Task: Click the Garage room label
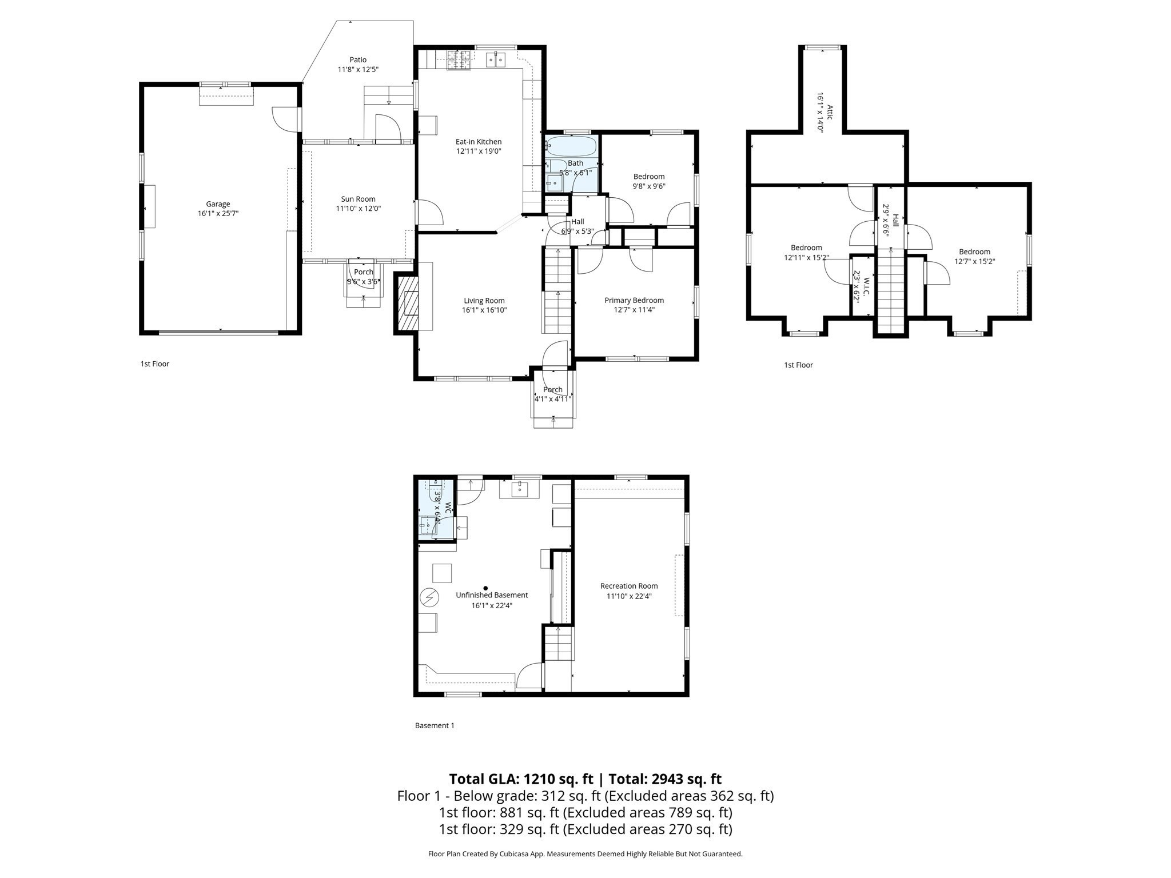coord(218,204)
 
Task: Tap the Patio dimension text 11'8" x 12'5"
coord(358,70)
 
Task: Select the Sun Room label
coord(358,199)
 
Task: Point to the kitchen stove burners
coord(458,59)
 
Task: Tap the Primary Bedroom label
coord(634,300)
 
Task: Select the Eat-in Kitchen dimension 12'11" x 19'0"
coord(479,151)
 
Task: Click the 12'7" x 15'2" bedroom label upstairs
coord(974,252)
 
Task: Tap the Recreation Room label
coord(629,586)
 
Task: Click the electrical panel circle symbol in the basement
coord(429,598)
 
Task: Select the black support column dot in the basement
coord(485,588)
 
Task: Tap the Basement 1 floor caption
coord(435,725)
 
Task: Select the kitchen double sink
coord(496,59)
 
